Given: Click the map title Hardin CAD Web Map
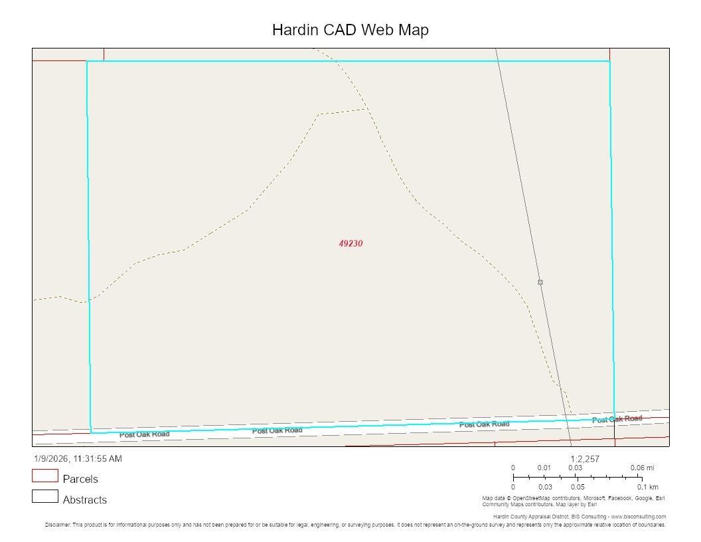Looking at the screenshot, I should coord(350,30).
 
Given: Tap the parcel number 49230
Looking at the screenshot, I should coord(350,244).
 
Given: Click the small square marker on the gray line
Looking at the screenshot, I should coord(540,282).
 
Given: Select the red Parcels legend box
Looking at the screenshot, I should coord(45,476).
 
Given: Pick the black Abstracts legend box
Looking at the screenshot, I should coord(45,496).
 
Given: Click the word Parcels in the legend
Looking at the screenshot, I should coord(80,479).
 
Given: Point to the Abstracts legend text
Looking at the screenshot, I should coord(84,499).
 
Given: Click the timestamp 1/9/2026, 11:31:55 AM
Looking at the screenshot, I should coord(78,459).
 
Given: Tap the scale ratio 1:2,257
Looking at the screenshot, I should coord(585,459).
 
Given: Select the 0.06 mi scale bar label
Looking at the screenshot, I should coord(642,468).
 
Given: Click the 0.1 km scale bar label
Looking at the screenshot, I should coord(647,488).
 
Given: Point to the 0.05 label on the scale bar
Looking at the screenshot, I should coord(577,488).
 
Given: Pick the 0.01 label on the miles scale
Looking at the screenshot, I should coord(544,468).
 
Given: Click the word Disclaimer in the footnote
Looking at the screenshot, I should coord(58,525).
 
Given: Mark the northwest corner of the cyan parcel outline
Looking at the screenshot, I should coord(87,62).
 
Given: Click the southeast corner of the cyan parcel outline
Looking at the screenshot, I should coord(614,418).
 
